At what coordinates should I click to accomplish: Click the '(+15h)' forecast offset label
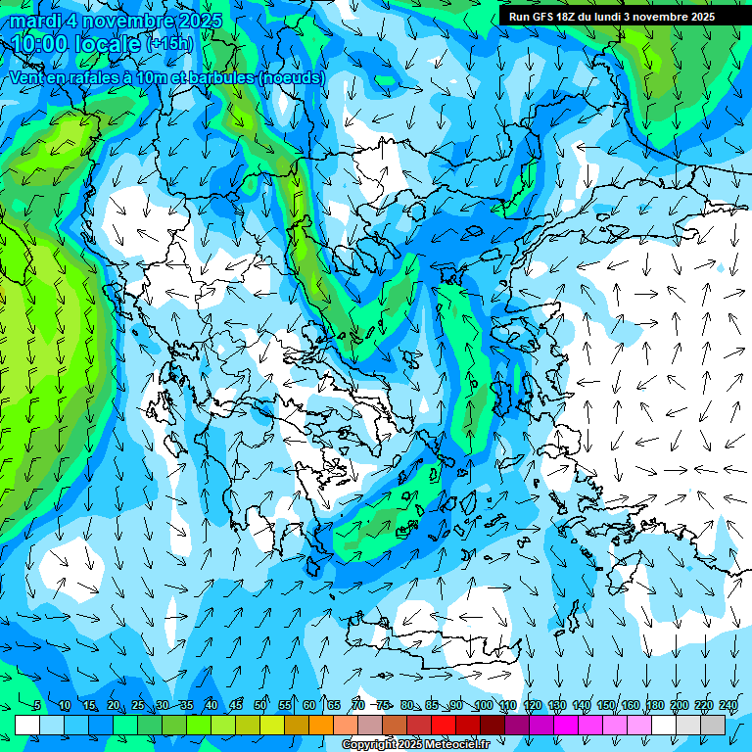tap(169, 44)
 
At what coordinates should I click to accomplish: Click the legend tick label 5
tap(37, 706)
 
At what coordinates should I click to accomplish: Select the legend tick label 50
tap(260, 706)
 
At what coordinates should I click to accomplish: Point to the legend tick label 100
tap(484, 706)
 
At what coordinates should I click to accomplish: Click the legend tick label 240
tap(728, 706)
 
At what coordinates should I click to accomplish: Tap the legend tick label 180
tap(655, 706)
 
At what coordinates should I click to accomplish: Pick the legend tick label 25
tap(138, 706)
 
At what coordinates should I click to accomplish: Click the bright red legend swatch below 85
tap(444, 725)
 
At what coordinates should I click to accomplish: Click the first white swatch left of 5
tap(27, 725)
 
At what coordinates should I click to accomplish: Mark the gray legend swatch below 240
tap(713, 725)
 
